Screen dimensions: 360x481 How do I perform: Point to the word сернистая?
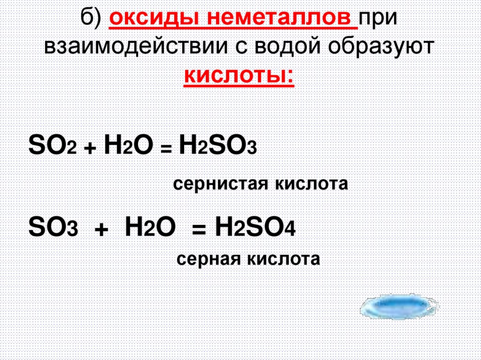(217, 183)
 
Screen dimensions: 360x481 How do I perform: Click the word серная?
(209, 259)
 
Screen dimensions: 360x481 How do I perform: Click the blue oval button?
(396, 308)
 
